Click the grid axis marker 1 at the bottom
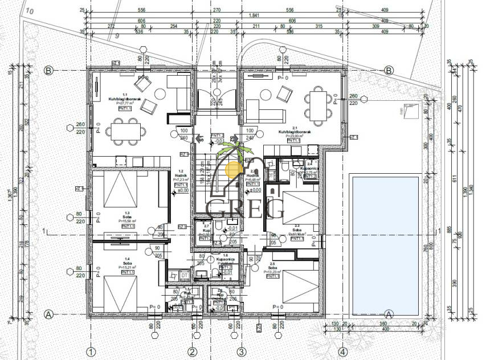(x=89, y=351)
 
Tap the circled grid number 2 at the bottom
(x=193, y=351)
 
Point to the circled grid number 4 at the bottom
(x=342, y=351)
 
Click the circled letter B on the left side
(x=49, y=71)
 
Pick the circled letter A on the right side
(x=389, y=314)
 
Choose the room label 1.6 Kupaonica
(x=226, y=260)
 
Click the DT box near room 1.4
(x=184, y=276)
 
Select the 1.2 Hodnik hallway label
(x=180, y=176)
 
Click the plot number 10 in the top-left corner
(x=30, y=11)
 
